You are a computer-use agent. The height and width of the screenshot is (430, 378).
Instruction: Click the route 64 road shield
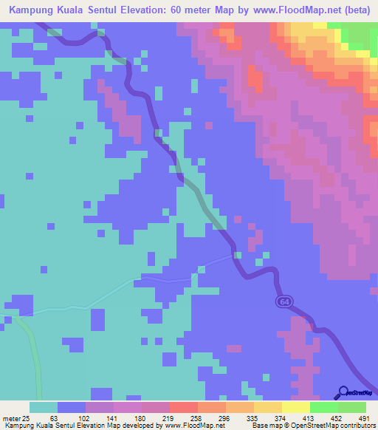tap(284, 302)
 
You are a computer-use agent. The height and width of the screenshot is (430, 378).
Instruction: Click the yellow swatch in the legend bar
tap(295, 407)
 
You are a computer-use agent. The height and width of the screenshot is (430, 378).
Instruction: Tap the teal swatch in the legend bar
tap(44, 407)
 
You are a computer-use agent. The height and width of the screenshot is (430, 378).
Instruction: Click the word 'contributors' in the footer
tap(357, 425)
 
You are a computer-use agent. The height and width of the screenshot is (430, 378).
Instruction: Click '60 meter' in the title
tap(199, 12)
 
